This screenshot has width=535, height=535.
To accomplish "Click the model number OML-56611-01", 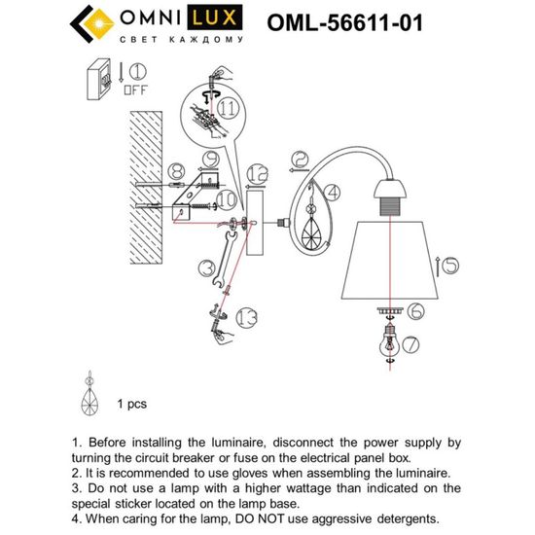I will (343, 23).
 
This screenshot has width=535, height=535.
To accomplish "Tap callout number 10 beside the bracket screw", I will (225, 200).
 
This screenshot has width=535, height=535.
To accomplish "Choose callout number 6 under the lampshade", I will (413, 311).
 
